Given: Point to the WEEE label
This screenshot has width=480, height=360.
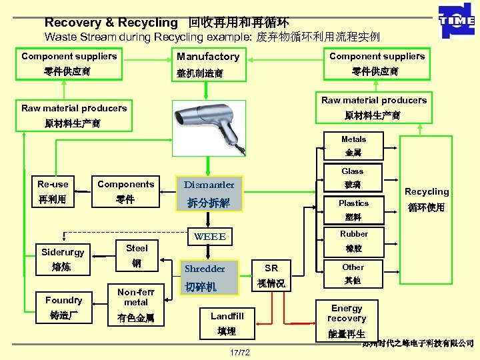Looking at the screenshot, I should [x=209, y=237].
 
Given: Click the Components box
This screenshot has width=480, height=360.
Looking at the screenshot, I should [x=125, y=192].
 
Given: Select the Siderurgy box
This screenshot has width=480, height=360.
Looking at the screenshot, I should [x=63, y=259].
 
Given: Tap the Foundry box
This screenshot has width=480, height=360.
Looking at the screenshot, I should [x=64, y=307].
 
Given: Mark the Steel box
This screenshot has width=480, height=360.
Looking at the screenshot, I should [x=136, y=255].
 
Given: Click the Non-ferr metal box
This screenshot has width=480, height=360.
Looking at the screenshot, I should [x=136, y=305].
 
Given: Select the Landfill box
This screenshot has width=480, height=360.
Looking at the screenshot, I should [x=227, y=323].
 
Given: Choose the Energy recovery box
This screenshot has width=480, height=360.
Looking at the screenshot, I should [x=347, y=320].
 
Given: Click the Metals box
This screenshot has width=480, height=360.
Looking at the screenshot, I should [x=353, y=146].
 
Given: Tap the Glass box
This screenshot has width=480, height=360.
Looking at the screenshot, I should [x=353, y=177].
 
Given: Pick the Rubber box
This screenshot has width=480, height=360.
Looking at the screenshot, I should [x=353, y=241].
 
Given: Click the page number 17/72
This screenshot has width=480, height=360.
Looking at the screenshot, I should [x=239, y=352].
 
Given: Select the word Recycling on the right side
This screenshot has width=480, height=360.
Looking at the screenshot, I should [x=427, y=192].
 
